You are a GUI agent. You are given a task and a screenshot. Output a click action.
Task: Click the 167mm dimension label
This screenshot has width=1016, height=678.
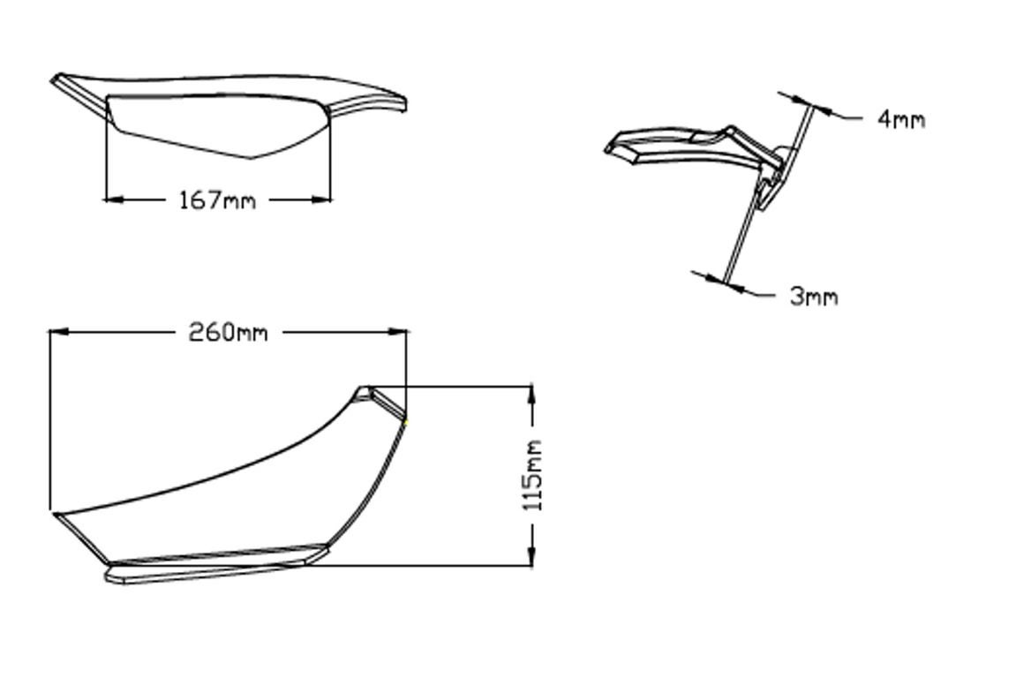tap(217, 200)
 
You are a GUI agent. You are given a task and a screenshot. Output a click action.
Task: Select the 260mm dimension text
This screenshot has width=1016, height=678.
tap(228, 333)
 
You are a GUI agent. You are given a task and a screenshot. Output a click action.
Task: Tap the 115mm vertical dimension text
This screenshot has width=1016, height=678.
tap(532, 475)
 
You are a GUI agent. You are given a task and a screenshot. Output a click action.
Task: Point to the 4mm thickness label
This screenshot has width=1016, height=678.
tap(901, 119)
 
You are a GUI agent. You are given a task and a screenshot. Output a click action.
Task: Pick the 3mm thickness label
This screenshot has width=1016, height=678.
tap(813, 297)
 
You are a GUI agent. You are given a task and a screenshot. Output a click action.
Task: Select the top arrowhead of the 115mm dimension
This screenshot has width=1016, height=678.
tap(532, 394)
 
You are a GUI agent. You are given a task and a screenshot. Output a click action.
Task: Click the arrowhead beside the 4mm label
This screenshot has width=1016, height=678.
tap(822, 109)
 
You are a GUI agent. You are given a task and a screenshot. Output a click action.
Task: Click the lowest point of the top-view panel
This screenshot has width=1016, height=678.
tap(252, 159)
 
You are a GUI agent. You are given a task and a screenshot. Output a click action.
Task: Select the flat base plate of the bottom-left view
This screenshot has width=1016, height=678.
tap(212, 566)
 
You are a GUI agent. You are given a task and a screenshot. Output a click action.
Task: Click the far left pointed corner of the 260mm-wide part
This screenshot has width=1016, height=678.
tap(54, 512)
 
